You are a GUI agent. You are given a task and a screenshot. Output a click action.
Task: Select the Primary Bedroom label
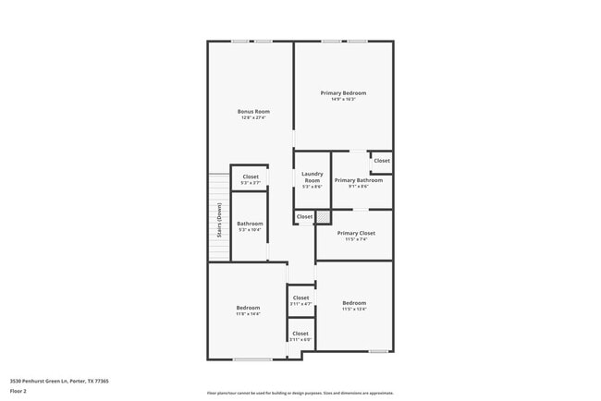(x=343, y=92)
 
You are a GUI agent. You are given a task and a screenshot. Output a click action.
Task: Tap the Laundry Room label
(x=312, y=176)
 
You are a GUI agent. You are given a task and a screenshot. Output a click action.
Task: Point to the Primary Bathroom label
(x=351, y=180)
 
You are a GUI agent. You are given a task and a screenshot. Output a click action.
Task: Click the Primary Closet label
(x=356, y=233)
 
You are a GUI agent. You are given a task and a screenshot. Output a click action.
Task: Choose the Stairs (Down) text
(x=220, y=220)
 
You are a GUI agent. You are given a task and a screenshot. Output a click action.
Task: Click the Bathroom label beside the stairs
(x=250, y=223)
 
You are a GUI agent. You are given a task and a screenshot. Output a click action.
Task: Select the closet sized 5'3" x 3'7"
(x=251, y=176)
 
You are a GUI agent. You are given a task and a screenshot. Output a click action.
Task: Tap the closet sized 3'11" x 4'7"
(x=300, y=298)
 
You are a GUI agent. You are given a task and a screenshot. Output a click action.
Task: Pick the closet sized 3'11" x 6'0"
(x=300, y=333)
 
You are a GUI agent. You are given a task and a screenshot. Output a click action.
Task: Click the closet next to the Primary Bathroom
(x=382, y=161)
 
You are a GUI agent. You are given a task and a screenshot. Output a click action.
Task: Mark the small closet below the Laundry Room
(x=304, y=216)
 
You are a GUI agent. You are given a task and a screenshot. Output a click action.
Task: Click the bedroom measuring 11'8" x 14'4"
(x=248, y=308)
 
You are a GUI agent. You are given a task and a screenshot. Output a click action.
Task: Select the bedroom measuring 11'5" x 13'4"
(x=354, y=303)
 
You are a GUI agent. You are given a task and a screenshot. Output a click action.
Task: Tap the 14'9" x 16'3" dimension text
(x=343, y=99)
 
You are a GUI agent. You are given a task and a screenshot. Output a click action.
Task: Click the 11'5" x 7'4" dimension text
(x=356, y=239)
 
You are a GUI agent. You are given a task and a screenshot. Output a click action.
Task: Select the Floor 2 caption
(x=18, y=391)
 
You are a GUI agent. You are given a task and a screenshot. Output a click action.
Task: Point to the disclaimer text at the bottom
(x=300, y=392)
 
